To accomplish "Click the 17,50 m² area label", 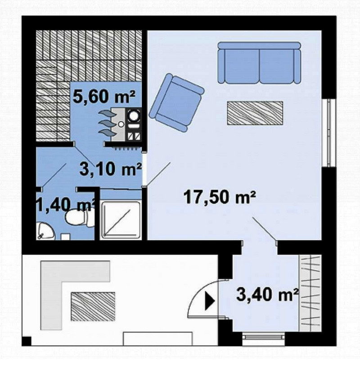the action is point(220,197).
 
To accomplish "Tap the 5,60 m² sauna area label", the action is point(104,96).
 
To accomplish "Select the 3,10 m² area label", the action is point(110,169).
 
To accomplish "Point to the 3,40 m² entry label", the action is point(268,295).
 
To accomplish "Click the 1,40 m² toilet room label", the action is point(66,205).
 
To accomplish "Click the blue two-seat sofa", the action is point(259,62).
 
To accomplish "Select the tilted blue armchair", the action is point(176,103).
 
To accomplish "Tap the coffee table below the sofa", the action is point(255,113).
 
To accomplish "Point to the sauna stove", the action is point(126,125).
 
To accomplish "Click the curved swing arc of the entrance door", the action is point(196,292).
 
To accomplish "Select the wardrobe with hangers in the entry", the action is point(310,293).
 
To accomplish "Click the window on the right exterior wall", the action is point(328,133).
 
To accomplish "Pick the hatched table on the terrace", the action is point(93,306).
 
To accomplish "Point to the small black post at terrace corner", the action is point(27,341).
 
